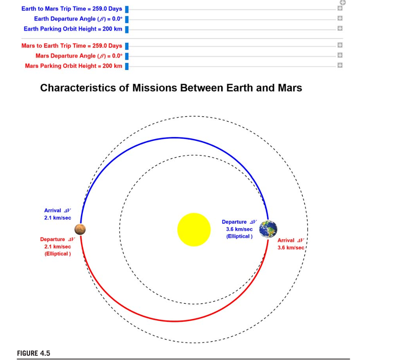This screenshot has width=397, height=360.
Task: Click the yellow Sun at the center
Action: point(194,230)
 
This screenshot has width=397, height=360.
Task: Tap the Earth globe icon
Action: point(268,229)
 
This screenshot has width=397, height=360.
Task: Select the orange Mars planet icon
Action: point(80,230)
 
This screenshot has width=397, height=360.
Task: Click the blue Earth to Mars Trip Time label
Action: point(71,9)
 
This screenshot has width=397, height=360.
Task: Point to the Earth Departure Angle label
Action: point(78,19)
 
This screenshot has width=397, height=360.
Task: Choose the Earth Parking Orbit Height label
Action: point(73,29)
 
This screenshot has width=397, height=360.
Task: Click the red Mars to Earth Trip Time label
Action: point(71,46)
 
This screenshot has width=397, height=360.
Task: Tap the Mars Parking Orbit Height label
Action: point(73,66)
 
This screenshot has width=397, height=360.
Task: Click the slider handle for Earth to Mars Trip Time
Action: point(127,9)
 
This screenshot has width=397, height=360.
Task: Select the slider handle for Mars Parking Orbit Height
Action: point(127,66)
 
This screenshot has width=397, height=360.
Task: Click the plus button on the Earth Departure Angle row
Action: point(340,19)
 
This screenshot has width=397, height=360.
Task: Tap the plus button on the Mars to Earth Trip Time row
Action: point(340,46)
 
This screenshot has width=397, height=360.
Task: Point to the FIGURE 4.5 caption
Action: point(33,353)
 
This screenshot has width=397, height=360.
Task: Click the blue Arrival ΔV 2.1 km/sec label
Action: point(58,214)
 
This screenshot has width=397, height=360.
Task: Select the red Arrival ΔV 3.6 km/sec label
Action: point(291,244)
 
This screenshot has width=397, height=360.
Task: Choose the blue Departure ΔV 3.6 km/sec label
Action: point(239,229)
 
